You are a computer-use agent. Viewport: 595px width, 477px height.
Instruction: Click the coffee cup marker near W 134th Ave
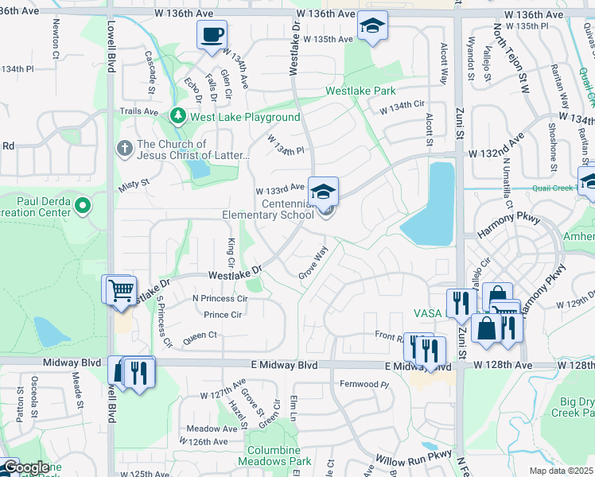212,35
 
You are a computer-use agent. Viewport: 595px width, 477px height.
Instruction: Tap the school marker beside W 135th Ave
371,26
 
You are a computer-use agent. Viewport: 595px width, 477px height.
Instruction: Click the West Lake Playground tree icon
178,117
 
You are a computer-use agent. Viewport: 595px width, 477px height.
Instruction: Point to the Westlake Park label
360,91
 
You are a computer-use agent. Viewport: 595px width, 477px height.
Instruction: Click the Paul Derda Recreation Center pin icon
83,207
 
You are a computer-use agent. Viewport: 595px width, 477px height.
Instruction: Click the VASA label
426,313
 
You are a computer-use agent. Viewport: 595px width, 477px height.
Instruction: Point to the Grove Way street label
313,263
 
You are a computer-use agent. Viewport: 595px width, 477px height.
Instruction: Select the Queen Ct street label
200,335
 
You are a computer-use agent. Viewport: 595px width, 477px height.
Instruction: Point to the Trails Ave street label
138,111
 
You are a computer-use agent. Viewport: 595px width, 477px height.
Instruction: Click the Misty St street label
134,184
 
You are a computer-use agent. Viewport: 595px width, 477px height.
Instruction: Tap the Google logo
25,467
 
